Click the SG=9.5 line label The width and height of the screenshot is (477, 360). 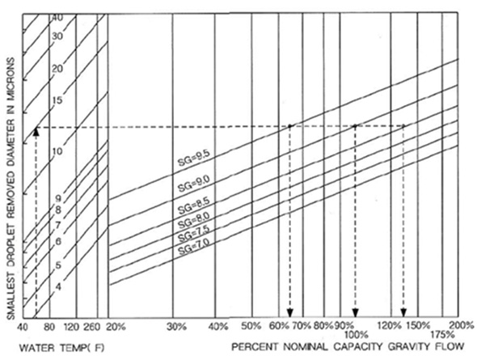pos(194,159)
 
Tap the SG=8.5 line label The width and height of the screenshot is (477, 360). pos(193,206)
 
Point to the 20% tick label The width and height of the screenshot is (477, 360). pos(116,327)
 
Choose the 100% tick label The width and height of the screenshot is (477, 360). pos(357,336)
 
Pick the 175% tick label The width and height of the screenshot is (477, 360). pos(442,336)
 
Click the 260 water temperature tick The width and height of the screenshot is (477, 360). pos(92,327)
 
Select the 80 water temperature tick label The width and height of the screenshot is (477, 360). pos(49,327)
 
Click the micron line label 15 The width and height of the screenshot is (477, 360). pos(57,100)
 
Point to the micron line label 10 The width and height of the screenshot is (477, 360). pos(57,151)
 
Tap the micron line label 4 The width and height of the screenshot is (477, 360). pos(58,287)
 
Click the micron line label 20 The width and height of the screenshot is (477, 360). pos(57,69)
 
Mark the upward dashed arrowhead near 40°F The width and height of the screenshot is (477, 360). pos(36,132)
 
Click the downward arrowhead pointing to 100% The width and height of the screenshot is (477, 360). pos(356,313)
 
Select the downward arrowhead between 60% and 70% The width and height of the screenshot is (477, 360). pos(290,313)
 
